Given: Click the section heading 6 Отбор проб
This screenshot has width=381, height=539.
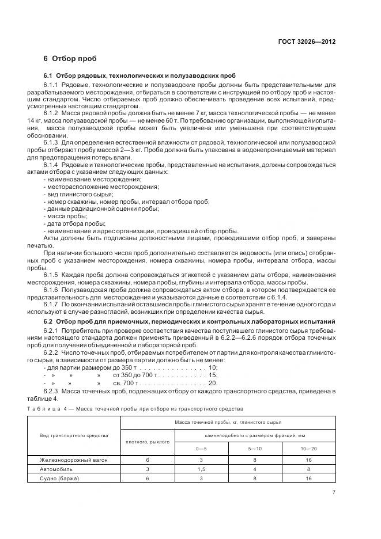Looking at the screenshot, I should point(70,59).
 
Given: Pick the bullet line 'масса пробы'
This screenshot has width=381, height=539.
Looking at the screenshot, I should point(65,216).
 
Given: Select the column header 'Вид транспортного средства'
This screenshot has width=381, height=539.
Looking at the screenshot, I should point(74,435).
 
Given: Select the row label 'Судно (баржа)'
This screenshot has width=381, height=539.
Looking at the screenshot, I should point(59,479).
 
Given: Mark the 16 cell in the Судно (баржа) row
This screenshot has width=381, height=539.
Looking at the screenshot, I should point(309,479).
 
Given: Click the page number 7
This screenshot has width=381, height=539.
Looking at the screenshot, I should point(334,492).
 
